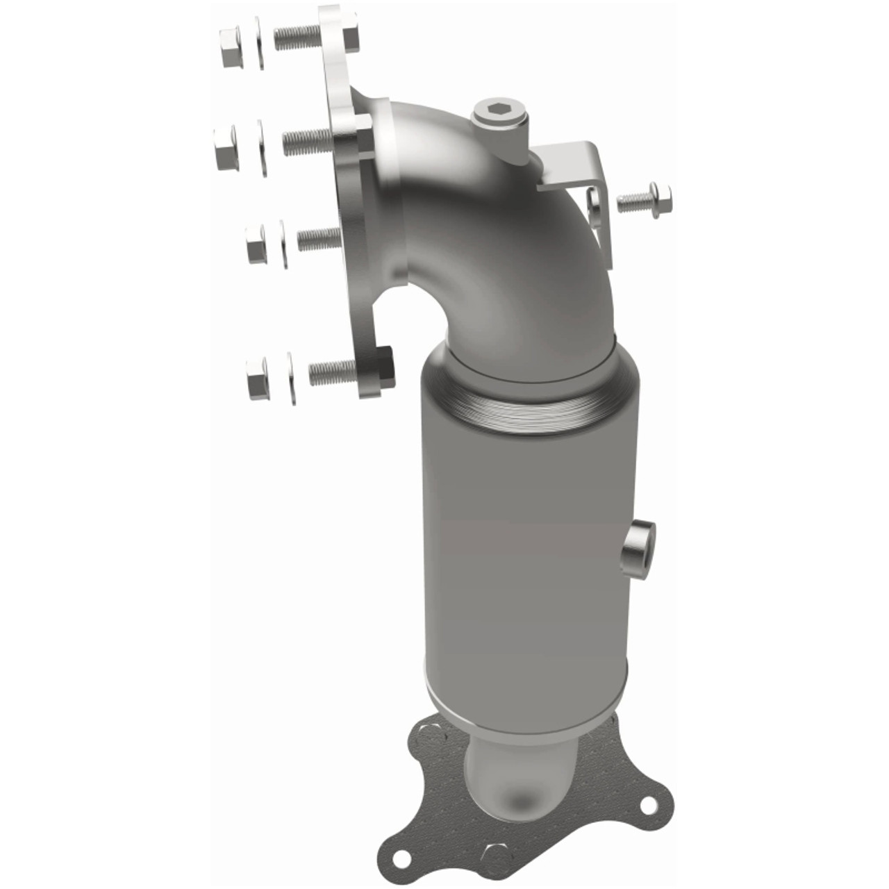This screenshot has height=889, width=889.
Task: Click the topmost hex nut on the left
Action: click(x=231, y=48)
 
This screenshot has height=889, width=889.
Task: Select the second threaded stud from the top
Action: click(x=306, y=141)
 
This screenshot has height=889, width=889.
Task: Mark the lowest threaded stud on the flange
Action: click(x=332, y=373)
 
